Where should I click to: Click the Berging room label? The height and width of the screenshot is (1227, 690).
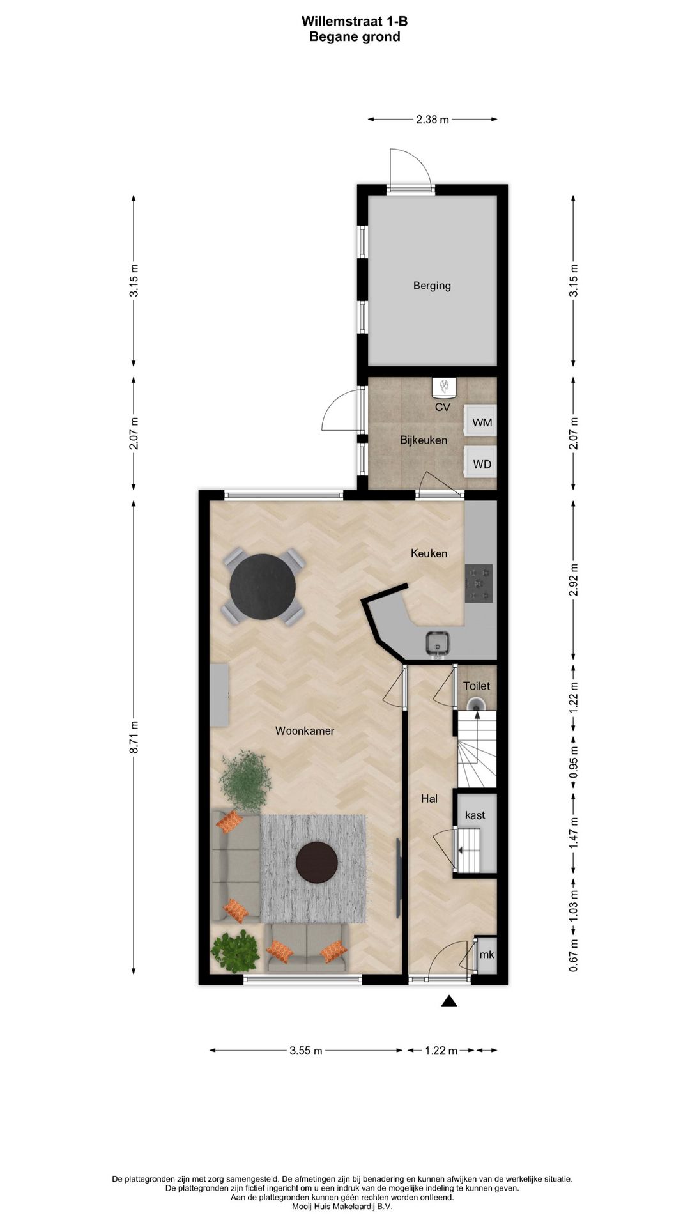(432, 286)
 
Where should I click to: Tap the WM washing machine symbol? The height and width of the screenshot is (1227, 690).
(481, 422)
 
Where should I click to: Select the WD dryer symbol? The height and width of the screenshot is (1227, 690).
(481, 465)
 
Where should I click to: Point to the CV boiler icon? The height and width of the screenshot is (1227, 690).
(444, 387)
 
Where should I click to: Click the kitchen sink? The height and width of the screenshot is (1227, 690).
(438, 644)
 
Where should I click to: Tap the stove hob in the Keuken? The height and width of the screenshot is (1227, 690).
(479, 583)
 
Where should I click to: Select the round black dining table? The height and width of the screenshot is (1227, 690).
(263, 587)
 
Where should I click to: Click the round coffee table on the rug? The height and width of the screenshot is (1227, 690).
(317, 862)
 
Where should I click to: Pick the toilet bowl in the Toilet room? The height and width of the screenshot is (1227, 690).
(477, 704)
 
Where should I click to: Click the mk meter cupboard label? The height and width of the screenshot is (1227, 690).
(487, 955)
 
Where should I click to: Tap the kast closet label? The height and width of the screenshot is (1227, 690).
(475, 815)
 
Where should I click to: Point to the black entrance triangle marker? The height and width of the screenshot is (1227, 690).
(449, 1001)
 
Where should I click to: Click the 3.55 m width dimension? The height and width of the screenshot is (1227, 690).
(305, 1051)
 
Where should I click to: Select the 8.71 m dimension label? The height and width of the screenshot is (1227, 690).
(134, 737)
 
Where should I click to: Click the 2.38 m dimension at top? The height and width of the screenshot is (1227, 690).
(433, 119)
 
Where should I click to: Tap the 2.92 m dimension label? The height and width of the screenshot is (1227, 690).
(573, 580)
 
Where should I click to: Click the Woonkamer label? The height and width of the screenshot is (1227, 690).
(305, 730)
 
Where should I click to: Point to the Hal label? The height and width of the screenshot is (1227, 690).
(429, 798)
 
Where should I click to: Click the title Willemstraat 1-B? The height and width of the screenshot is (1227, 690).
(355, 21)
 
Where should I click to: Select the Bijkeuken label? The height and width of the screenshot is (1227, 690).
(424, 440)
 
